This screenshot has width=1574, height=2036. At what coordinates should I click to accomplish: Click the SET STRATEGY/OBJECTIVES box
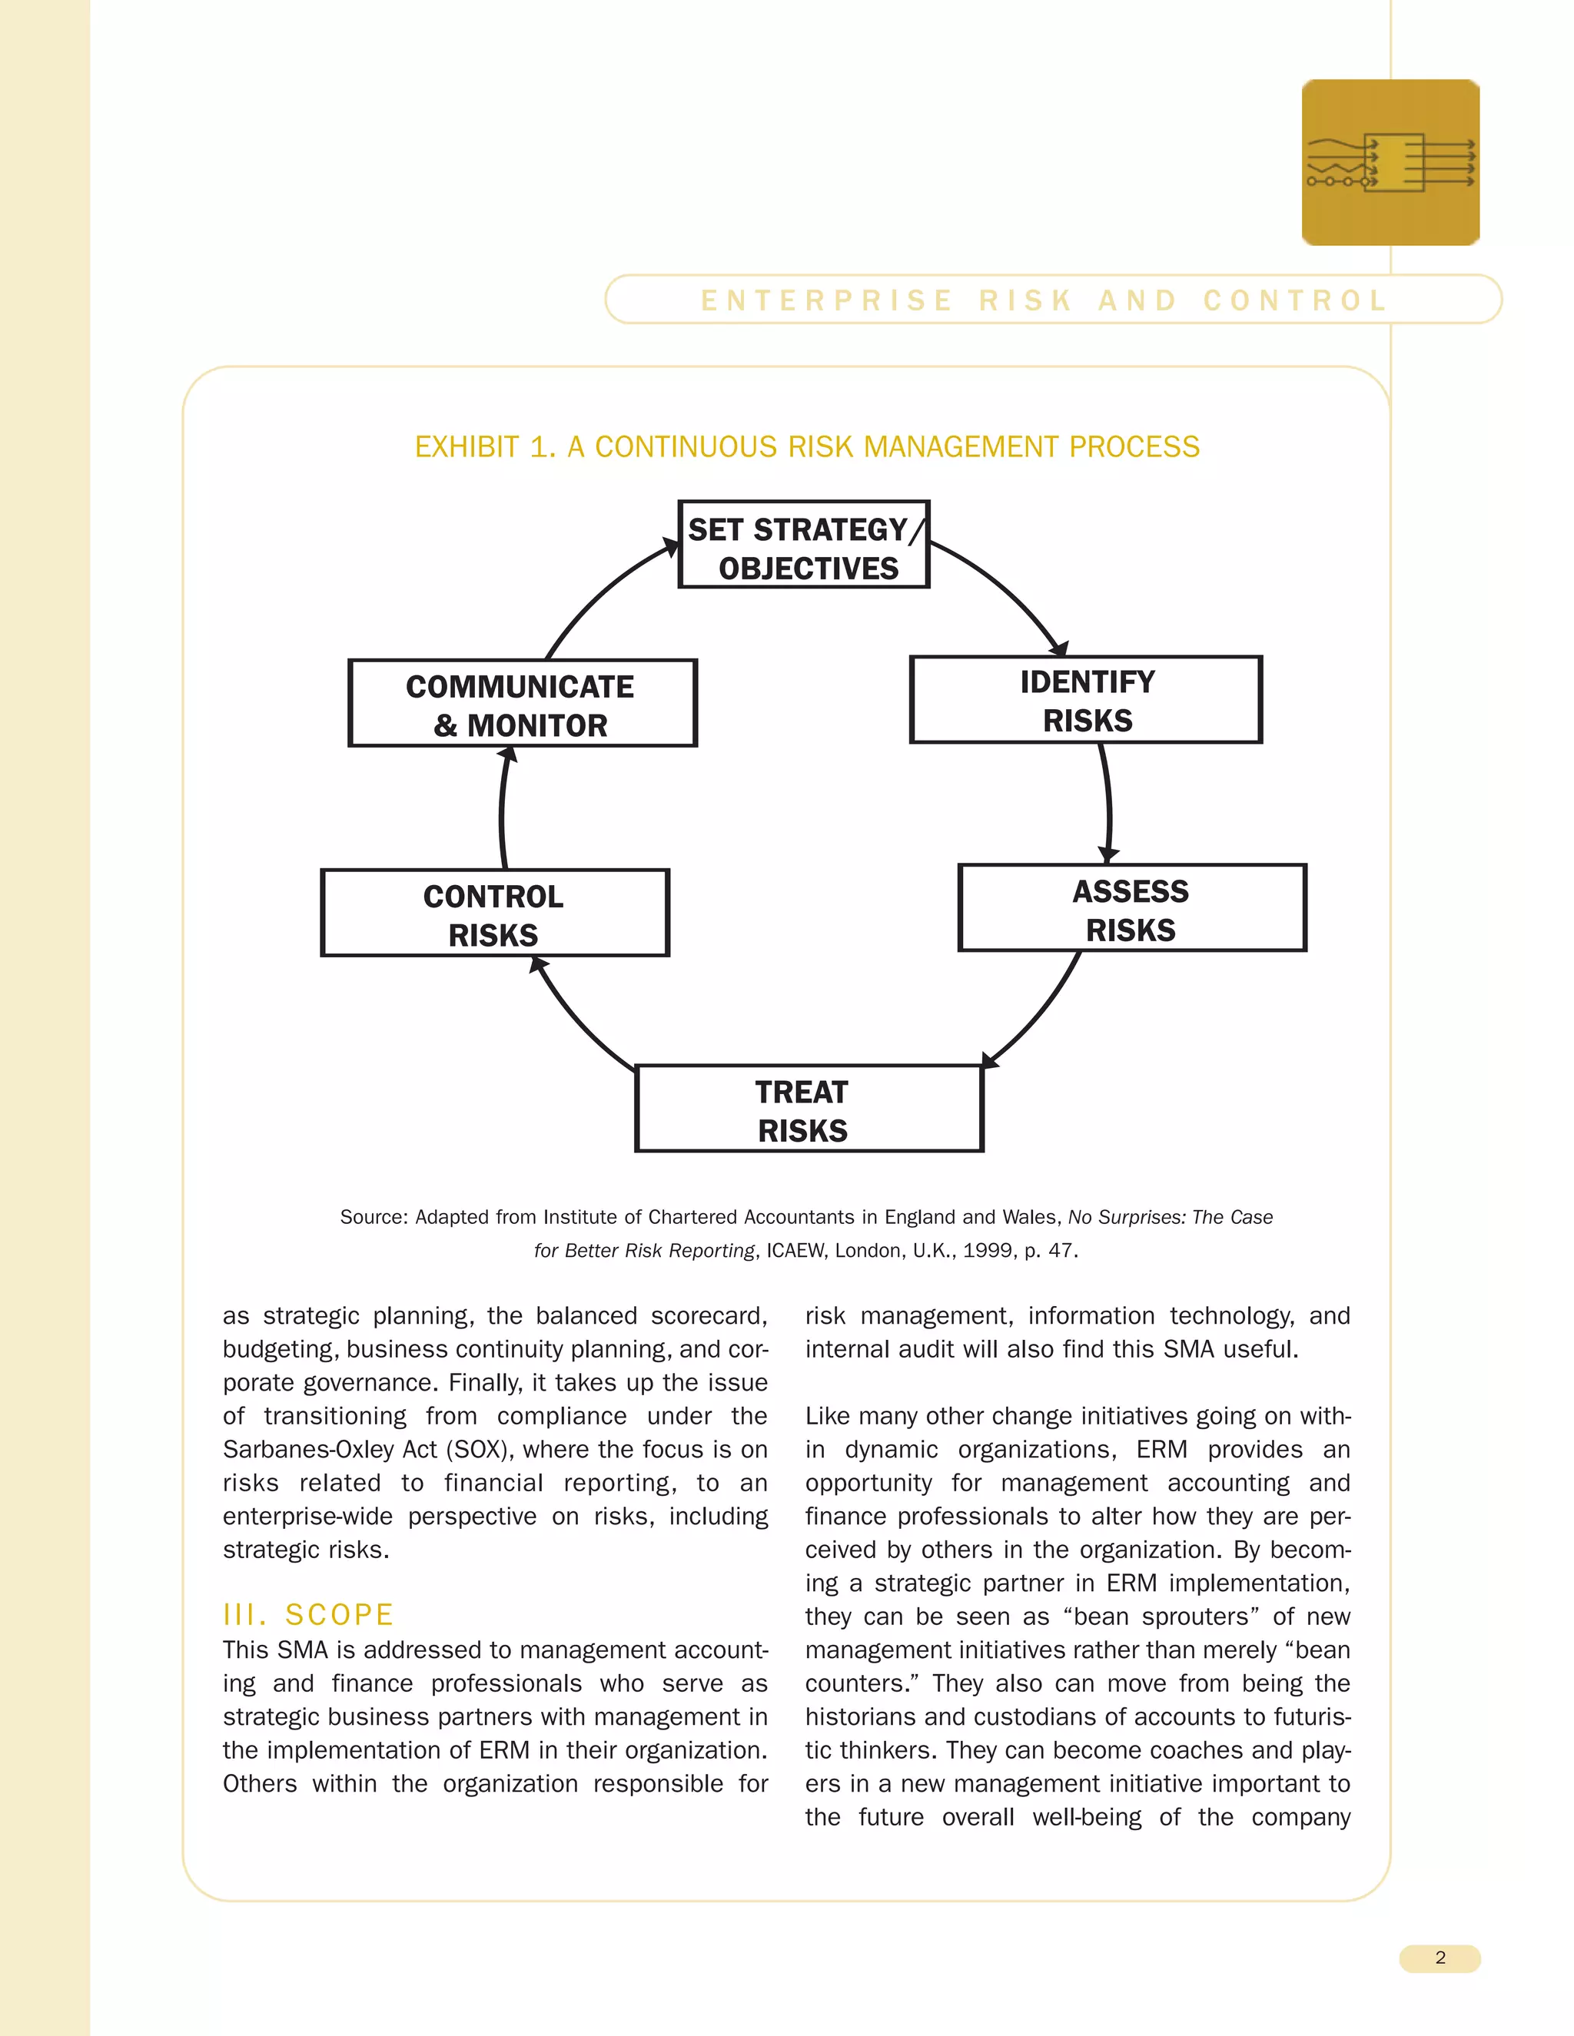pyautogui.click(x=804, y=545)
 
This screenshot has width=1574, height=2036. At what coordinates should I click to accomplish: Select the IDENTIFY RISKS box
pyautogui.click(x=1085, y=700)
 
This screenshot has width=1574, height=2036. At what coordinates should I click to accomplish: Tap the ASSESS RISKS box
pyautogui.click(x=1132, y=909)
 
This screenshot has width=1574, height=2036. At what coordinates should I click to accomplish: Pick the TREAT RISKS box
pyautogui.click(x=809, y=1109)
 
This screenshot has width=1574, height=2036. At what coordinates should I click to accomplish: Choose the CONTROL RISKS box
pyautogui.click(x=495, y=914)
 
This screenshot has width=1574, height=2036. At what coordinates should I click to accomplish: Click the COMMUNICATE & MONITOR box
pyautogui.click(x=522, y=704)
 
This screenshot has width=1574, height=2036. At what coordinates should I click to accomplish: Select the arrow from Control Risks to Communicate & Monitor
pyautogui.click(x=502, y=809)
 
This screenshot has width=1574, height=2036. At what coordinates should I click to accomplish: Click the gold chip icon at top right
pyautogui.click(x=1390, y=163)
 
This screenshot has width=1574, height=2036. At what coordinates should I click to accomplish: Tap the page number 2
pyautogui.click(x=1440, y=1958)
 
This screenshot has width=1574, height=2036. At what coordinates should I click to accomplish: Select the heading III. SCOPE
pyautogui.click(x=307, y=1615)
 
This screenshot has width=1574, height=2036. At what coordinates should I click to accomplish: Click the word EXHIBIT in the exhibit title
pyautogui.click(x=467, y=447)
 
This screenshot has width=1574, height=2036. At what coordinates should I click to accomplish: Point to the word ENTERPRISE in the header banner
pyautogui.click(x=826, y=300)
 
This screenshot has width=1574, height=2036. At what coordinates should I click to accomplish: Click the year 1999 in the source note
pyautogui.click(x=988, y=1250)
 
